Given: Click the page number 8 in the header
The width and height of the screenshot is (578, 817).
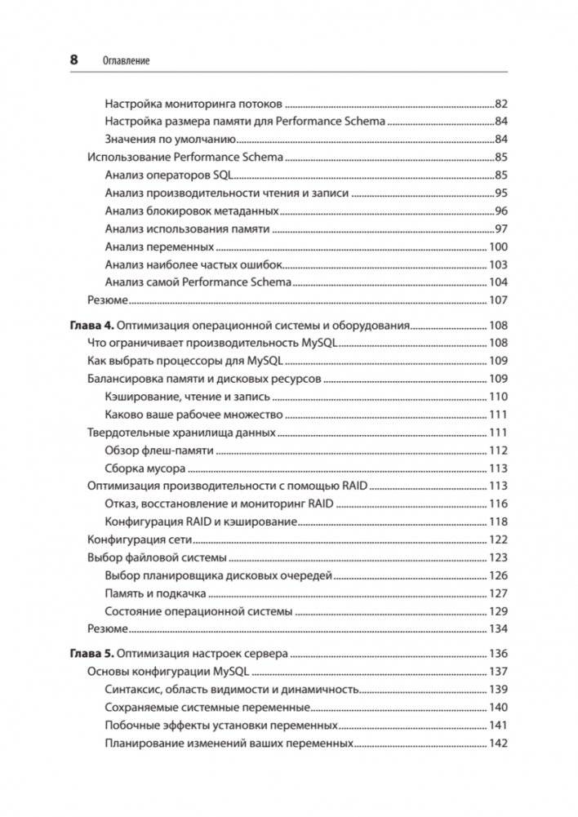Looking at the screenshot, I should click(74, 60).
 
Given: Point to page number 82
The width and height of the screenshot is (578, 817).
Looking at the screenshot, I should click(501, 104).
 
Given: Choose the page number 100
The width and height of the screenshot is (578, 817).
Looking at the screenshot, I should click(498, 246).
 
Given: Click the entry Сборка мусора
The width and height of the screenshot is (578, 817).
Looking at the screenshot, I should click(145, 468).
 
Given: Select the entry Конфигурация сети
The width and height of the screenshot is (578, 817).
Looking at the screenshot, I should click(138, 539).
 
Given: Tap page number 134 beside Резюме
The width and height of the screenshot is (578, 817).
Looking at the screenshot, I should click(498, 628).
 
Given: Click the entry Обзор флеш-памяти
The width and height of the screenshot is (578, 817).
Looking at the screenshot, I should click(159, 451).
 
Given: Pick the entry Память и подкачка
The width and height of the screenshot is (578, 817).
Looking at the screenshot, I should click(155, 593).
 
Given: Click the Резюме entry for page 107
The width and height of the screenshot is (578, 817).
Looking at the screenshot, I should click(107, 300).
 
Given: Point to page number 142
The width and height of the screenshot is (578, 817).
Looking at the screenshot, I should click(498, 744).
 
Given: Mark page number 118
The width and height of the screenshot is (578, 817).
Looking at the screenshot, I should click(498, 522).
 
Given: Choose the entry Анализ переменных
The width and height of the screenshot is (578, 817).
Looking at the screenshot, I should click(160, 246).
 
